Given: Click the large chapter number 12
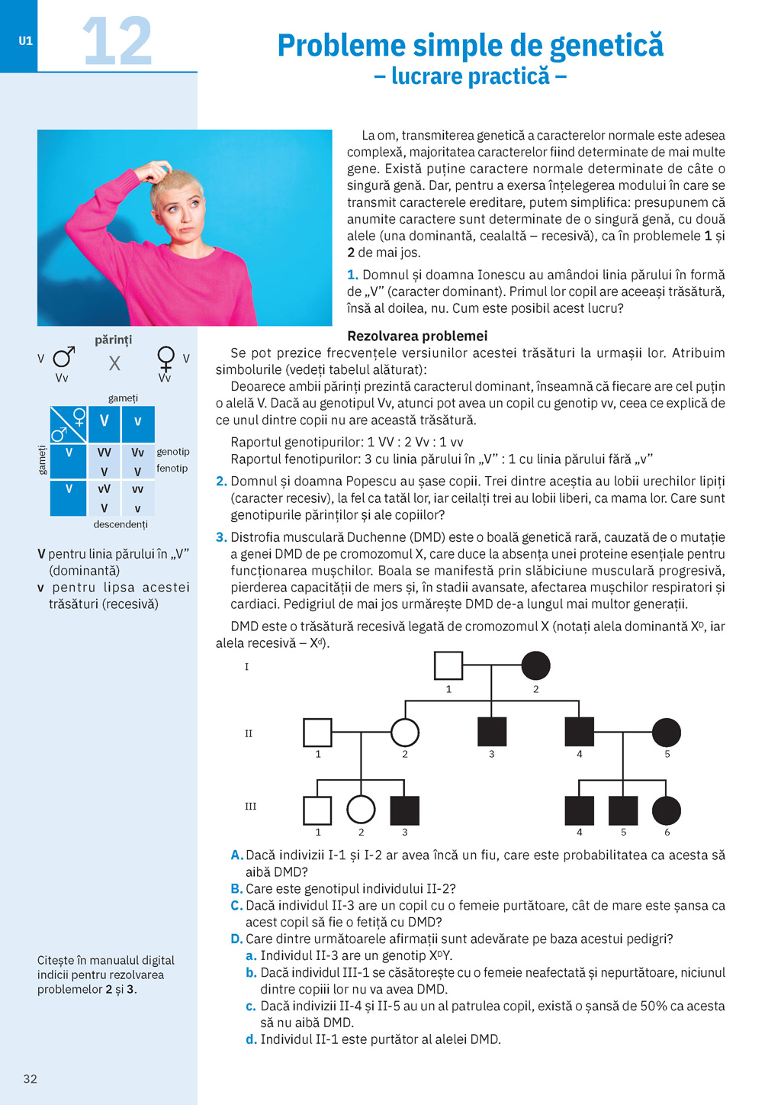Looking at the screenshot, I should click(x=117, y=41).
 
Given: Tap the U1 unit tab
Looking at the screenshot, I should click(x=26, y=41).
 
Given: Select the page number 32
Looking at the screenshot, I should click(x=31, y=1078).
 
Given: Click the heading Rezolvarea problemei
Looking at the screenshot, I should click(x=417, y=336).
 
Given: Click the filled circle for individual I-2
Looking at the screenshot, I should click(x=535, y=665).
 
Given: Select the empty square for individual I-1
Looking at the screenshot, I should click(x=448, y=665).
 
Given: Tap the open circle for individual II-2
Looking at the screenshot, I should click(x=405, y=733).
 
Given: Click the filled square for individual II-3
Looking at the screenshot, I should click(x=492, y=733).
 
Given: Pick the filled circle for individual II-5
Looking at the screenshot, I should click(x=667, y=733).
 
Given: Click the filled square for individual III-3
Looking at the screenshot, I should click(x=404, y=810).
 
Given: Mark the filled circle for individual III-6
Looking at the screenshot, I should click(x=667, y=810).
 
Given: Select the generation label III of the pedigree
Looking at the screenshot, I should click(x=250, y=807).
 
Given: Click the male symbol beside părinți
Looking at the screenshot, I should click(x=64, y=357).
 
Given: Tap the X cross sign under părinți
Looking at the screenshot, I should click(x=114, y=363).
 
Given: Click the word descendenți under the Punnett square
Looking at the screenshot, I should click(x=121, y=524).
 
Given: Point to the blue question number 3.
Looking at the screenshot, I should click(x=221, y=537).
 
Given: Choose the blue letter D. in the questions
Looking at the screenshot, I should click(x=236, y=939).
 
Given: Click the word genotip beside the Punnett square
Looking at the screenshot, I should click(x=173, y=452).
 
